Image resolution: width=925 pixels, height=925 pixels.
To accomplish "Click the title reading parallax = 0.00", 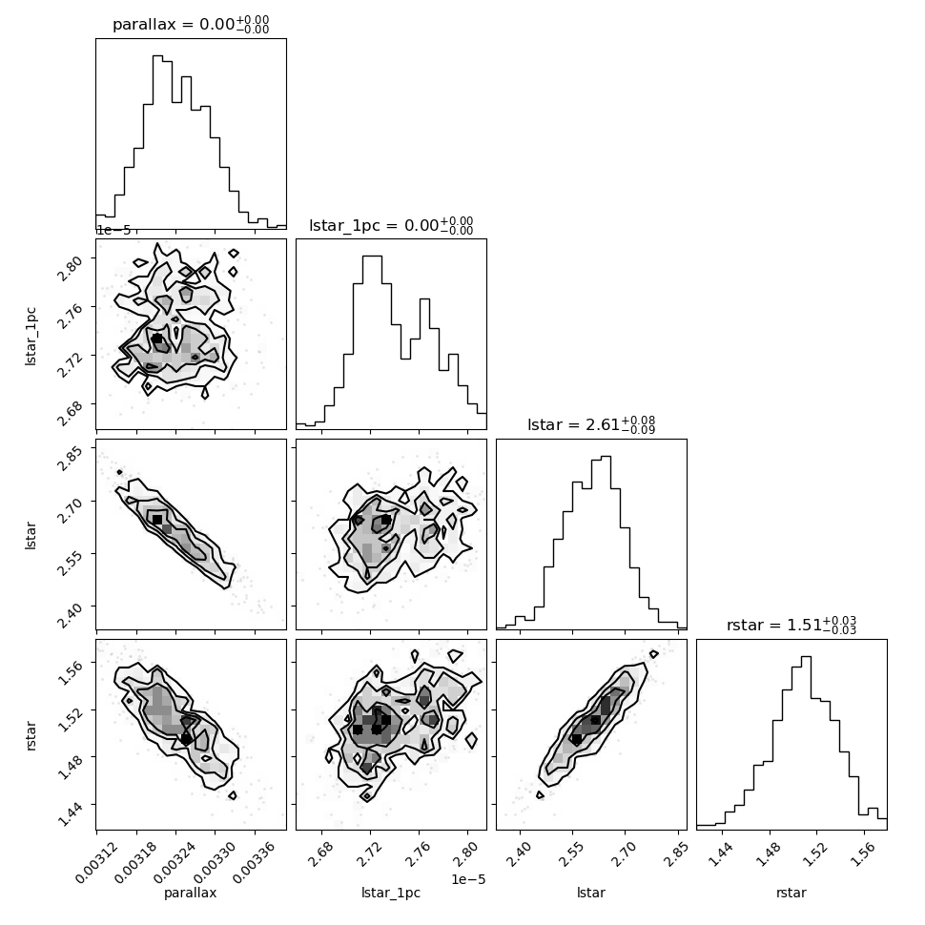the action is tap(191, 25).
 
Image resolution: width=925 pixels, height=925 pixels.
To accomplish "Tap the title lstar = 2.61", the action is tap(591, 424).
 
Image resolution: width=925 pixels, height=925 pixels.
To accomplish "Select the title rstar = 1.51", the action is tap(791, 625).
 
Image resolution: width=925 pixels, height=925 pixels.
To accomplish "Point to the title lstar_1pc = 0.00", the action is tap(391, 225).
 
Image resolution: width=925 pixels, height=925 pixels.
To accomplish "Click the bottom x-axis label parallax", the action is tap(191, 893).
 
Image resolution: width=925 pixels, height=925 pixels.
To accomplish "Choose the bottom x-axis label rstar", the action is tap(791, 893).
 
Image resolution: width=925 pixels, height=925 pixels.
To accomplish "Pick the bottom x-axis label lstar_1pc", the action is tap(391, 894).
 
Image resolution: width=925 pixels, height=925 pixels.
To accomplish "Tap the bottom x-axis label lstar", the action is tap(591, 893).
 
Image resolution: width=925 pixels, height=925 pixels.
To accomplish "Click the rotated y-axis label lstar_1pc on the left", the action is tap(31, 337).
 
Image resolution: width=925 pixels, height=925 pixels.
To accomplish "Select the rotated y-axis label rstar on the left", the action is tap(31, 735).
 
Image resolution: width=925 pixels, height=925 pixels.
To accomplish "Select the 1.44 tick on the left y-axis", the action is tap(71, 814).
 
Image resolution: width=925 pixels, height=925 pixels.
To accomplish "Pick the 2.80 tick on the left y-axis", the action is tap(71, 268).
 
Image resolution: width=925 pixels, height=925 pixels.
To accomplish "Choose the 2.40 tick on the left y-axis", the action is tap(71, 616).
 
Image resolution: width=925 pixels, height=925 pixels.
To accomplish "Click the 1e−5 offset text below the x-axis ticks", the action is tap(468, 879).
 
